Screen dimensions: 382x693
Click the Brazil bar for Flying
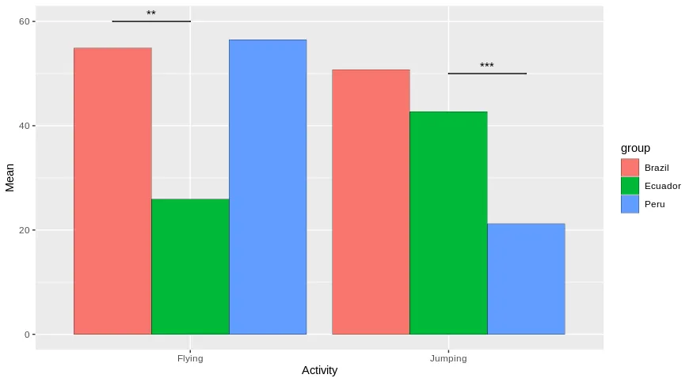tap(112, 191)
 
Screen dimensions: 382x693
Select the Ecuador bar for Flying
tap(190, 267)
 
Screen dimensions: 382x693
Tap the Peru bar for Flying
tap(268, 187)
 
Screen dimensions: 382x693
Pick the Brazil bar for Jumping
tap(371, 202)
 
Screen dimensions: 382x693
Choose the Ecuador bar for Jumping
tap(448, 223)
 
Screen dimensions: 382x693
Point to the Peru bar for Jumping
tap(526, 278)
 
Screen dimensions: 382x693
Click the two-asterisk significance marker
tap(151, 14)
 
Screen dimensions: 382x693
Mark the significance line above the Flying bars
tap(151, 21)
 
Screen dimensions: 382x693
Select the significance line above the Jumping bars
tap(487, 74)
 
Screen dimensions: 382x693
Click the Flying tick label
tap(190, 358)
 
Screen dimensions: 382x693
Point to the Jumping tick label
tap(448, 358)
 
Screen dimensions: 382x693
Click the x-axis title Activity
tap(319, 371)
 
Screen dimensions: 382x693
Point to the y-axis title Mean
tap(10, 178)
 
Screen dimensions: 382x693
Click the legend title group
tap(635, 148)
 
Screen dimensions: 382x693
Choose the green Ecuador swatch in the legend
tap(630, 186)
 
